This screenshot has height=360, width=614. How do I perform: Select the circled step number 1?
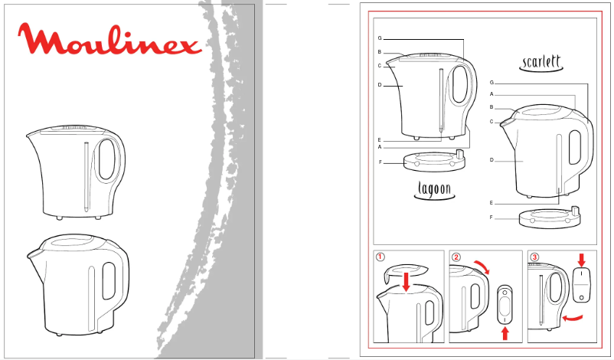click(380, 257)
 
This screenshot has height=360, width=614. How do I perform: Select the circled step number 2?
click(456, 257)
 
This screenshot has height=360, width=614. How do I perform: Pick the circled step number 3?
click(534, 257)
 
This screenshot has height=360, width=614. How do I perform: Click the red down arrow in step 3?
click(581, 260)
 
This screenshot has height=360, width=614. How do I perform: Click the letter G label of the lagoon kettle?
click(380, 38)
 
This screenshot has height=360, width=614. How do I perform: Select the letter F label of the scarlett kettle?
click(492, 218)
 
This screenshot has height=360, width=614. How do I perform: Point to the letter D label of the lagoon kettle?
click(380, 84)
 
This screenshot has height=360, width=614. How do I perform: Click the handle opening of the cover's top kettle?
click(107, 160)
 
